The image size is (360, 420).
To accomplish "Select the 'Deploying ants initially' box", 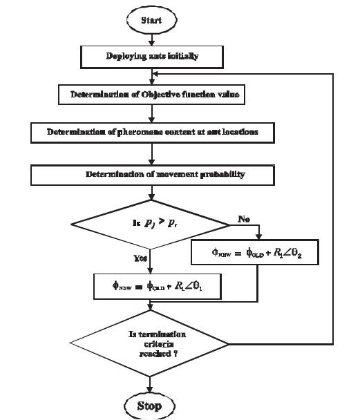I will (x=152, y=56).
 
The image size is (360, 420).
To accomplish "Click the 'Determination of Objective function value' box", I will (x=155, y=95).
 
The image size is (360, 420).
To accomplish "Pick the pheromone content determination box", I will (x=153, y=132).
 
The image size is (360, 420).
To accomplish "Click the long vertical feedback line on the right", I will (x=334, y=207).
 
